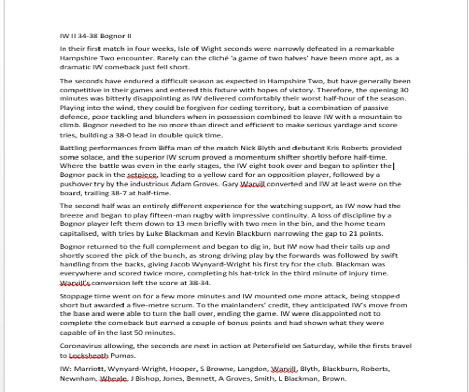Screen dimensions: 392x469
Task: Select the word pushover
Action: coord(75,184)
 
